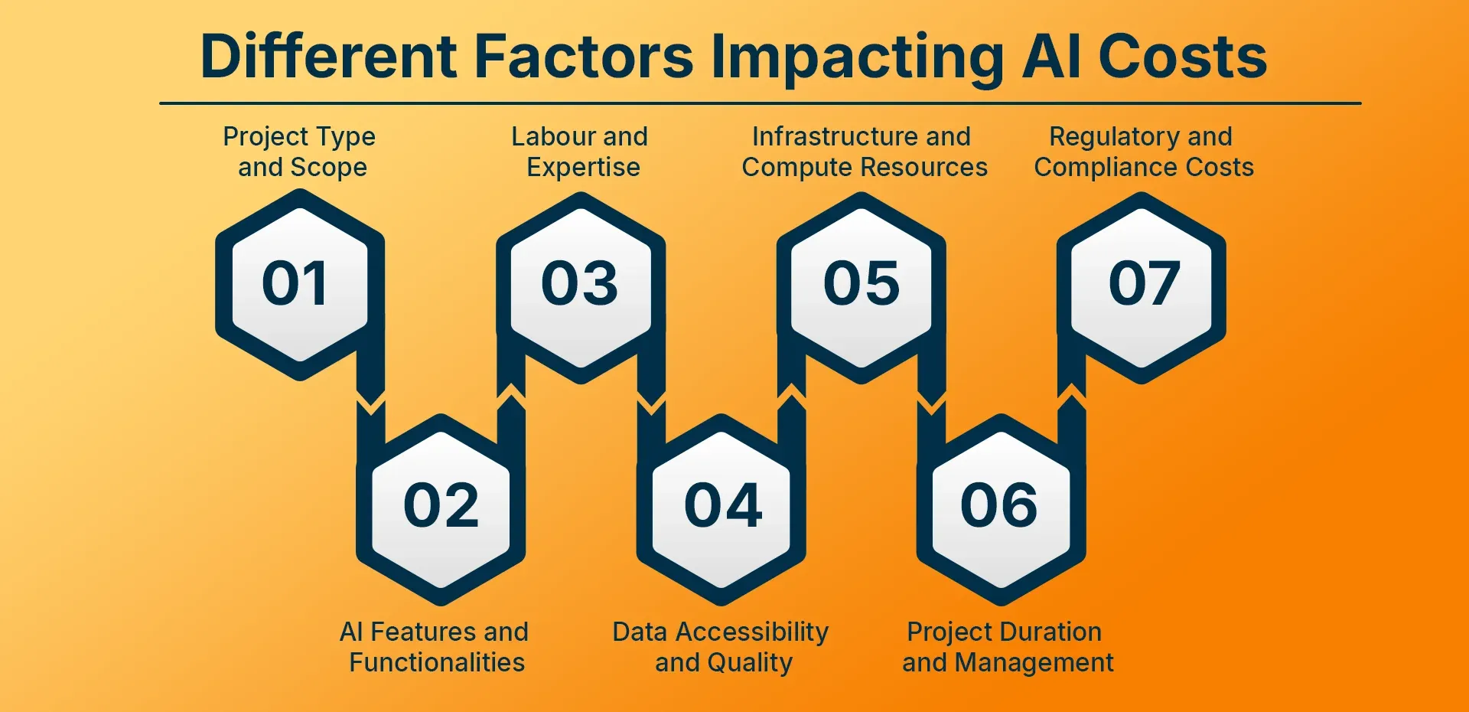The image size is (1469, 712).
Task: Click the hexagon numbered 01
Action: pyautogui.click(x=300, y=284)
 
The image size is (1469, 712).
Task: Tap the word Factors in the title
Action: pyautogui.click(x=584, y=57)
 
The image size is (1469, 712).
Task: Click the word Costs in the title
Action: pyautogui.click(x=1183, y=57)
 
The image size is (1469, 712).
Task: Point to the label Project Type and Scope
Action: pyautogui.click(x=300, y=152)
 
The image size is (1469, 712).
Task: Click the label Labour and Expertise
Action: pyautogui.click(x=580, y=152)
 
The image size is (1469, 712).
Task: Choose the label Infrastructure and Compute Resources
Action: pyautogui.click(x=865, y=152)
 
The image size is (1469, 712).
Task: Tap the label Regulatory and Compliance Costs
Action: pyautogui.click(x=1144, y=152)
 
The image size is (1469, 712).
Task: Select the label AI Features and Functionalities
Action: pyautogui.click(x=435, y=647)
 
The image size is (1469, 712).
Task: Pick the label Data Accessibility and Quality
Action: pyautogui.click(x=721, y=648)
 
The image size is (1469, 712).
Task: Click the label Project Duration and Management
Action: pyautogui.click(x=1008, y=648)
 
